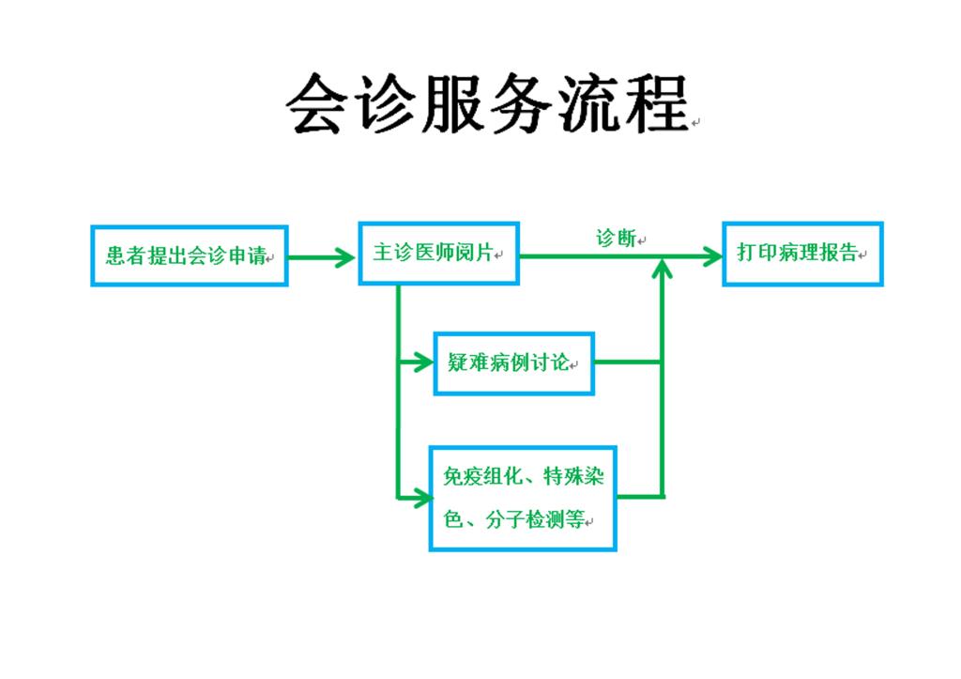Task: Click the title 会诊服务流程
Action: point(488,104)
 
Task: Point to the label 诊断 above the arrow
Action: point(616,238)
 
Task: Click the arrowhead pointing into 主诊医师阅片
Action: point(343,257)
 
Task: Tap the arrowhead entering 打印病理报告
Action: point(711,256)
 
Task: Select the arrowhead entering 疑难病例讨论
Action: point(422,362)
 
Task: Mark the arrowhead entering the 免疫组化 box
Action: point(420,498)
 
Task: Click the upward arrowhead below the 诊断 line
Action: point(662,269)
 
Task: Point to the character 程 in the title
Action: point(658,104)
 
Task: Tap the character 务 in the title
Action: point(522,104)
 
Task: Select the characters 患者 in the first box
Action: point(126,255)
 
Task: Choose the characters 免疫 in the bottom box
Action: point(463,476)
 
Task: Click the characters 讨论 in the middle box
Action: point(550,363)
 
